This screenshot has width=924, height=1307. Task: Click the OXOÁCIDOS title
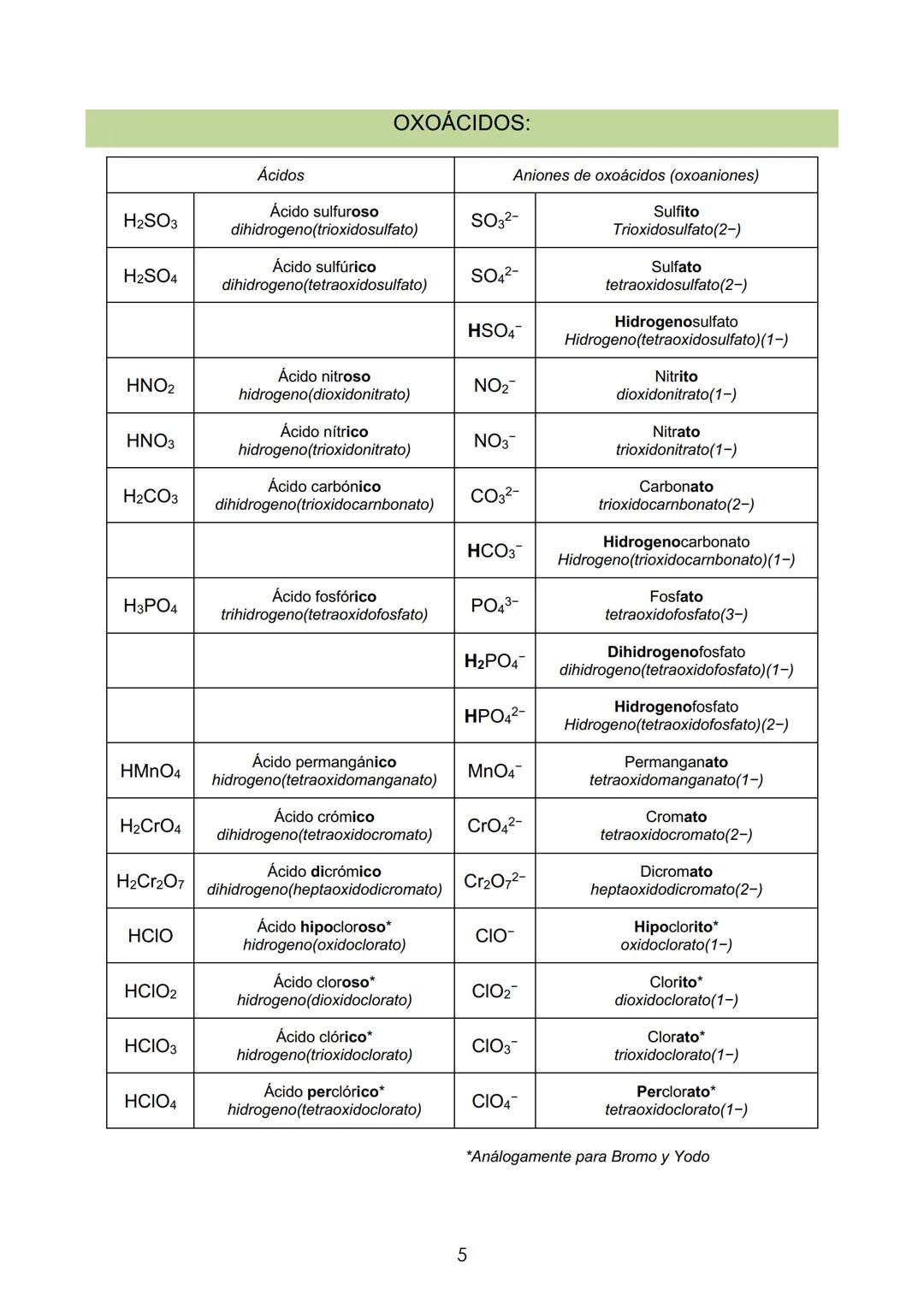[x=461, y=124]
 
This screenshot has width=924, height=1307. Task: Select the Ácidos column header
[x=281, y=175]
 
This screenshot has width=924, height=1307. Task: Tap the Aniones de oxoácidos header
[x=636, y=175]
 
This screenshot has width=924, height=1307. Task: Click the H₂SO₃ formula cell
[x=151, y=221]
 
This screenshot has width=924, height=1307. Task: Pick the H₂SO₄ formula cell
[x=151, y=275]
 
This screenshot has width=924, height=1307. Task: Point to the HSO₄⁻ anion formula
[x=495, y=330]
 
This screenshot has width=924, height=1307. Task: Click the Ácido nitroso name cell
[x=324, y=385]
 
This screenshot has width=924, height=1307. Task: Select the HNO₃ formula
[x=151, y=441]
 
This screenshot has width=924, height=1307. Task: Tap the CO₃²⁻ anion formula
[x=495, y=495]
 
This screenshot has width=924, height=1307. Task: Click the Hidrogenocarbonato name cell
[x=676, y=550]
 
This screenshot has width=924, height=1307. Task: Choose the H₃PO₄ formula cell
[x=151, y=606]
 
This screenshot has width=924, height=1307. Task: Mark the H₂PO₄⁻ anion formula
[x=495, y=660]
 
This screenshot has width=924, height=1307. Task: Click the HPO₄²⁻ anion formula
[x=495, y=715]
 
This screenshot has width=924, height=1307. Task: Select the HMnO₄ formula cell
[x=151, y=771]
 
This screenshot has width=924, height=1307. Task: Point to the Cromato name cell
[x=676, y=825]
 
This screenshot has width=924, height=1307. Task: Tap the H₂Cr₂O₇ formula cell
[x=151, y=880]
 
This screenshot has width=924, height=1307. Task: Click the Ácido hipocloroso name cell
[x=324, y=936]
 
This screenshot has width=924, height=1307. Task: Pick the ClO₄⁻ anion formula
[x=495, y=1101]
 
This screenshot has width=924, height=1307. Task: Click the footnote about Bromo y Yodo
[x=588, y=1156]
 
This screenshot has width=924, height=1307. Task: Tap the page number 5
[x=462, y=1255]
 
